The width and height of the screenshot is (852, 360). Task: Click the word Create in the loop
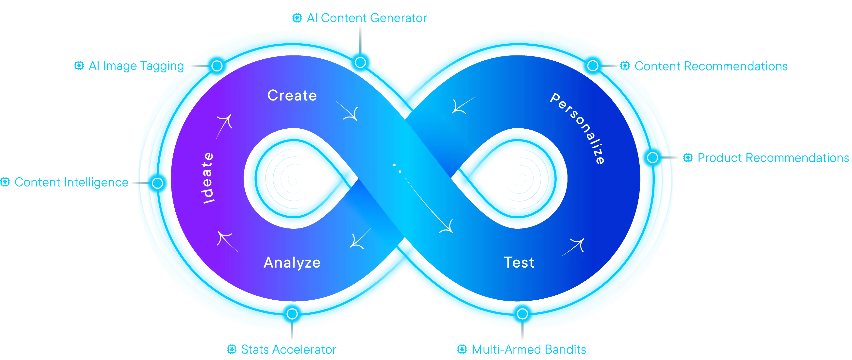[292, 96]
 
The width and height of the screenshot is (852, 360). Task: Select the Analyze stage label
[292, 263]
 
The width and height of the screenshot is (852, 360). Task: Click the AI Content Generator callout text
[367, 18]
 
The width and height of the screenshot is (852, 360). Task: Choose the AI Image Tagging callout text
[136, 66]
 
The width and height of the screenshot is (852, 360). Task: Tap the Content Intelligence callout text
[71, 182]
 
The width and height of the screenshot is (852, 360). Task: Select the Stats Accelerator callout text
[289, 349]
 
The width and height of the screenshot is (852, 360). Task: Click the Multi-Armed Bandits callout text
[529, 349]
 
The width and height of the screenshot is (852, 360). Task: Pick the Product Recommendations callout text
[773, 158]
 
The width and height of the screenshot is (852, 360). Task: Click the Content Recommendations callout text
[711, 66]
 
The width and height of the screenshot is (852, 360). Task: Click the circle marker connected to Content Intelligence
[157, 183]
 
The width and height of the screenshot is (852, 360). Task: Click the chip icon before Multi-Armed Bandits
[462, 349]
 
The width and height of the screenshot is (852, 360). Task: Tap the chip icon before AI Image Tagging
[79, 66]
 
